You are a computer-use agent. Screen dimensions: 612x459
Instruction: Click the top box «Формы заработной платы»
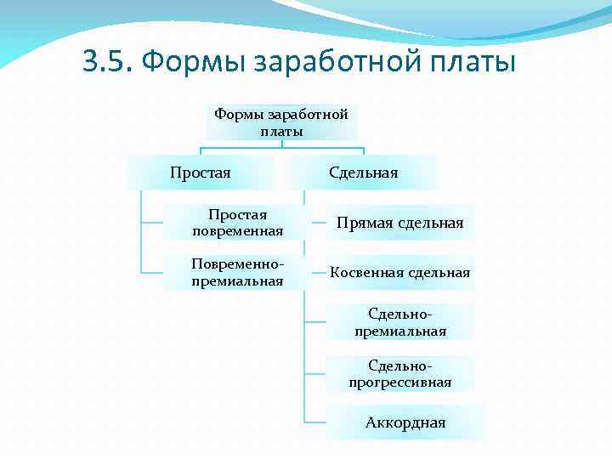[x=281, y=122]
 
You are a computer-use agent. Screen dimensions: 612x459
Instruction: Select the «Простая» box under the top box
[x=201, y=173]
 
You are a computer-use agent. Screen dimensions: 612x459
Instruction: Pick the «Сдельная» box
[x=363, y=173]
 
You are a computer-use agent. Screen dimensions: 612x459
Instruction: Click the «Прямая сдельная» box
[x=399, y=223]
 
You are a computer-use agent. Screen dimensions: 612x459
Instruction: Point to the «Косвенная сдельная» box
[x=399, y=272]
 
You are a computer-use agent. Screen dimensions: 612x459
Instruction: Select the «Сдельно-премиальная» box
[x=399, y=322]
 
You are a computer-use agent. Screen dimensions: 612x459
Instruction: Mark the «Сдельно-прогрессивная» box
[x=399, y=373]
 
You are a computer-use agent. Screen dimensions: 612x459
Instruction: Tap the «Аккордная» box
[x=405, y=422]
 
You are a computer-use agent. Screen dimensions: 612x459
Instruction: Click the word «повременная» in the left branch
[x=237, y=231]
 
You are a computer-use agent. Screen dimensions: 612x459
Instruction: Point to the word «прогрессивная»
[x=399, y=382]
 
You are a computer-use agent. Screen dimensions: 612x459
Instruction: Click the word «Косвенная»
[x=366, y=272]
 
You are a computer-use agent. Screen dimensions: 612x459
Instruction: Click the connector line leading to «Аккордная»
[x=315, y=422]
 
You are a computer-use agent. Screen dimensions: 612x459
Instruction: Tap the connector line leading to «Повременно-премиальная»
[x=152, y=272]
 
